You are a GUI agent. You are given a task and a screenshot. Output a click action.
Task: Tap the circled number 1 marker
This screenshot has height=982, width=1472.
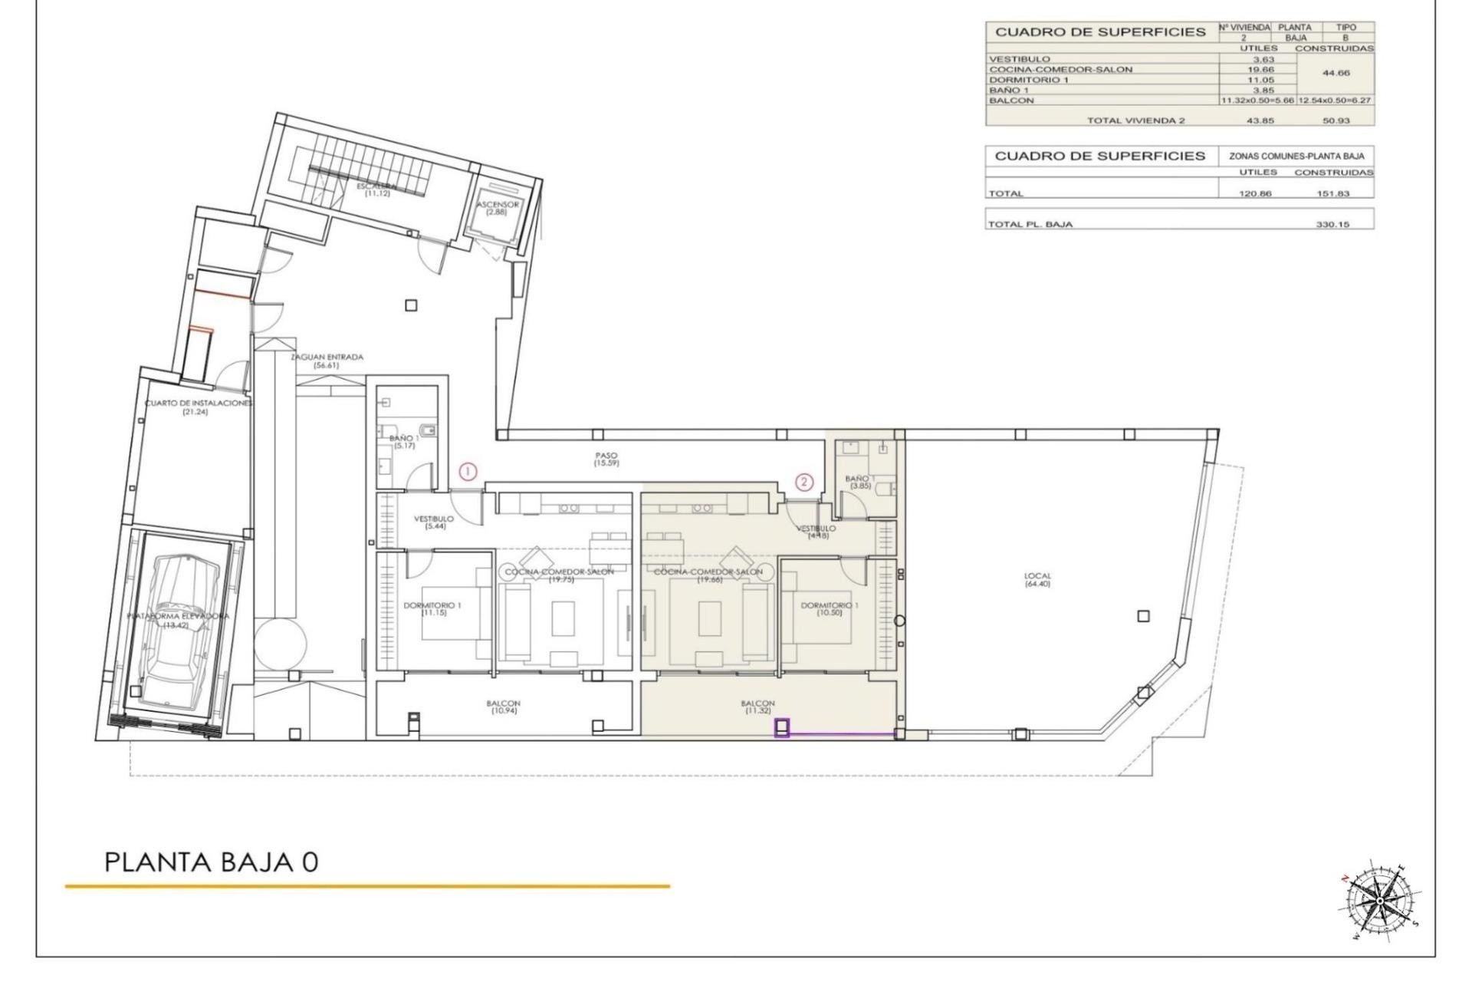click(x=468, y=473)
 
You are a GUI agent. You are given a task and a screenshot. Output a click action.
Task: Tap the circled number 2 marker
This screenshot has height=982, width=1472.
click(x=803, y=482)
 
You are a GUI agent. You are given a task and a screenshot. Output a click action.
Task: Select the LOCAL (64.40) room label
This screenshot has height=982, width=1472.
click(x=1037, y=580)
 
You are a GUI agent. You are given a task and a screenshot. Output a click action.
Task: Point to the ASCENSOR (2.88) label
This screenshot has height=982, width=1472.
click(x=498, y=208)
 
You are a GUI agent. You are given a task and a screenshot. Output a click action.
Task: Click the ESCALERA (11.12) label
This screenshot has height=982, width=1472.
click(x=377, y=189)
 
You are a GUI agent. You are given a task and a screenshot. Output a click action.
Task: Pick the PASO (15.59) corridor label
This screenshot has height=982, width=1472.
click(x=606, y=460)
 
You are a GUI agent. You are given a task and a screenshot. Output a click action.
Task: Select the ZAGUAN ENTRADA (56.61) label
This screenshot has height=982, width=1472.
click(x=327, y=361)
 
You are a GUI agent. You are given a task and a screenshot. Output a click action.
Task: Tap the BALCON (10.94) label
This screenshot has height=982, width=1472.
click(x=503, y=707)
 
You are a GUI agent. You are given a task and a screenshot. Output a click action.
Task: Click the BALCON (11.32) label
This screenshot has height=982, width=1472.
click(x=757, y=707)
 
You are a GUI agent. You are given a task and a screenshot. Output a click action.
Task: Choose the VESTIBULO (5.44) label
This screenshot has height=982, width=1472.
click(x=434, y=522)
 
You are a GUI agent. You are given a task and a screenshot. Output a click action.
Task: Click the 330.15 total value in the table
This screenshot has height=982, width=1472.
click(x=1332, y=225)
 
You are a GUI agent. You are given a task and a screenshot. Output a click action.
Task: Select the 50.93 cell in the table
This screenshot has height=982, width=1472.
click(x=1332, y=120)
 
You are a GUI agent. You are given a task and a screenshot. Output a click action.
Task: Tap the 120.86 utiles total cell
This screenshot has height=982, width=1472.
click(x=1255, y=193)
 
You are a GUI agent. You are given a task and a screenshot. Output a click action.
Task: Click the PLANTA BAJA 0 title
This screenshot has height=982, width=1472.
click(x=211, y=862)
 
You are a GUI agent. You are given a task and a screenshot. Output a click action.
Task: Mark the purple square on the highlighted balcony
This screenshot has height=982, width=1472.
click(x=782, y=727)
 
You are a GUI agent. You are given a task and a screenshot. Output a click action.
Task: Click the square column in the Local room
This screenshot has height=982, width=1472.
click(x=1143, y=616)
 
